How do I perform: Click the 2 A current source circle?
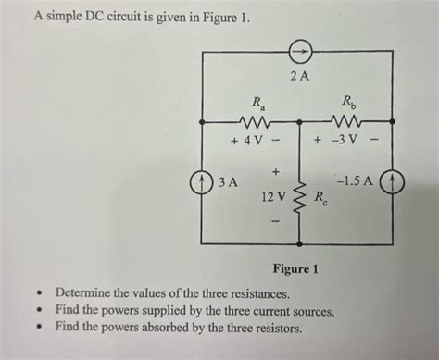(299, 50)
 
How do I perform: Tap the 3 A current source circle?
(202, 182)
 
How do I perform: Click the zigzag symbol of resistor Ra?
(253, 120)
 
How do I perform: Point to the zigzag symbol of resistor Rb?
(347, 120)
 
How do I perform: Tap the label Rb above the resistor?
(348, 101)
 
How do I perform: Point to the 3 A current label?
(228, 182)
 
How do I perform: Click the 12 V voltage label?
(274, 197)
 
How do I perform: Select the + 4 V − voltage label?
(255, 143)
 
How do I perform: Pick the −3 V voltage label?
(346, 143)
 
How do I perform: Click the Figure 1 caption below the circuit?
(296, 270)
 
